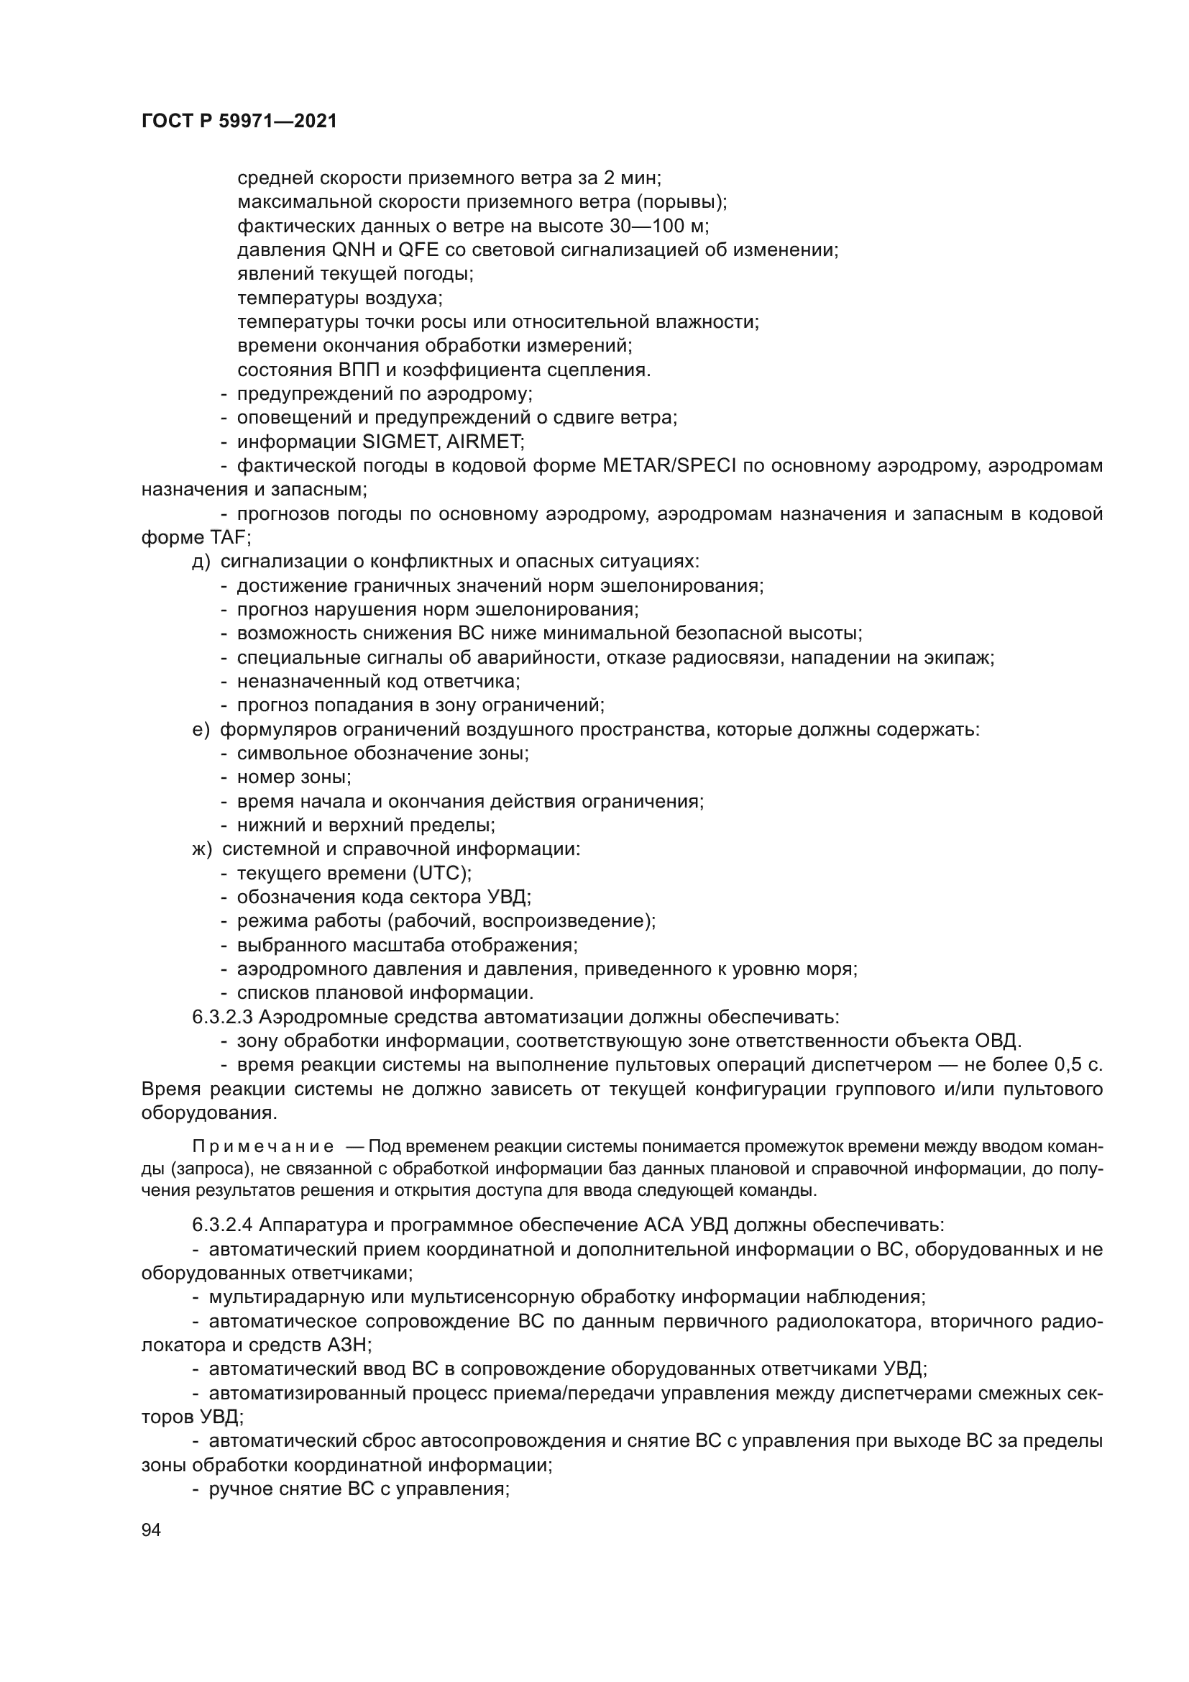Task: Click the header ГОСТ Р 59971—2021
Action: [x=239, y=122]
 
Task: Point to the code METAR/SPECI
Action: [x=670, y=466]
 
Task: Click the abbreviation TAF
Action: [x=229, y=538]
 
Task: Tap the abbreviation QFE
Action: [x=418, y=250]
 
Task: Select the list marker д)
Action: [x=201, y=562]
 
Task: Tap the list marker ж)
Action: [x=201, y=849]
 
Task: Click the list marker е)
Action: [x=201, y=730]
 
